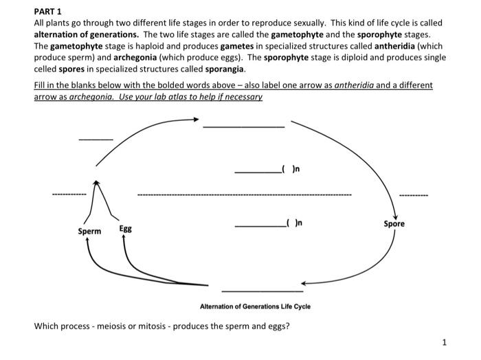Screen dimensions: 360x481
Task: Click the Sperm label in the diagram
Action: [89, 232]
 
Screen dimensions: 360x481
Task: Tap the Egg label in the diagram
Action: [126, 227]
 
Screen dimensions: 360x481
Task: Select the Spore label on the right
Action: [394, 224]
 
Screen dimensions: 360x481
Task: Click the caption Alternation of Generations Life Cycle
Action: [255, 306]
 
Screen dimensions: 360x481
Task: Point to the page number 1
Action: [445, 341]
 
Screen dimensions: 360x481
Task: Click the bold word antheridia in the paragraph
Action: [394, 47]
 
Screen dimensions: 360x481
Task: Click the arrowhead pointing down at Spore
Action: [394, 215]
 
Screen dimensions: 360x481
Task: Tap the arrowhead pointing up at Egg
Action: [124, 237]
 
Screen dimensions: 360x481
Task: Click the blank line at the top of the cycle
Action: [243, 126]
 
